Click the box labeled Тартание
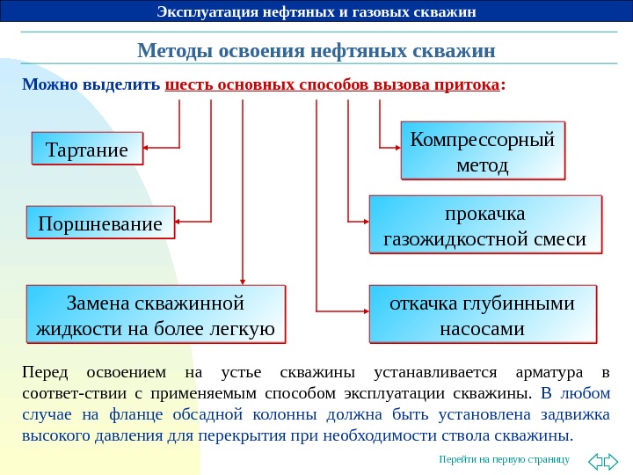(x=86, y=149)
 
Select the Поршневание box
(x=100, y=223)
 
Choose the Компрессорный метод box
(x=483, y=151)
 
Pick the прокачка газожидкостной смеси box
(x=484, y=226)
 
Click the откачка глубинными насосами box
(x=482, y=315)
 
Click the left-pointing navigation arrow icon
(x=594, y=460)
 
